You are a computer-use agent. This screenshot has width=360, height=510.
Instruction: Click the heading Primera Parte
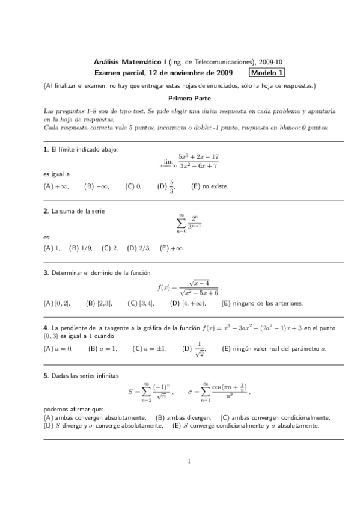pyautogui.click(x=189, y=98)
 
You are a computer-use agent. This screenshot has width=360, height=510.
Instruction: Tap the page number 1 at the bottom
pyautogui.click(x=189, y=479)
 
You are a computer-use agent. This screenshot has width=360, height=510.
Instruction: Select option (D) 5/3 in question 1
pyautogui.click(x=166, y=186)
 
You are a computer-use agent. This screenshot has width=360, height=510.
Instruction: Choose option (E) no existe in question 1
pyautogui.click(x=209, y=186)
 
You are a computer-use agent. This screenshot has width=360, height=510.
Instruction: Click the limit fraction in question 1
pyautogui.click(x=189, y=161)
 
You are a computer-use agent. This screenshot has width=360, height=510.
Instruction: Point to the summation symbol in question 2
pyautogui.click(x=180, y=224)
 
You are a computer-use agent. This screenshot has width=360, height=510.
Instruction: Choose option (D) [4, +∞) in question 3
pyautogui.click(x=188, y=303)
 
